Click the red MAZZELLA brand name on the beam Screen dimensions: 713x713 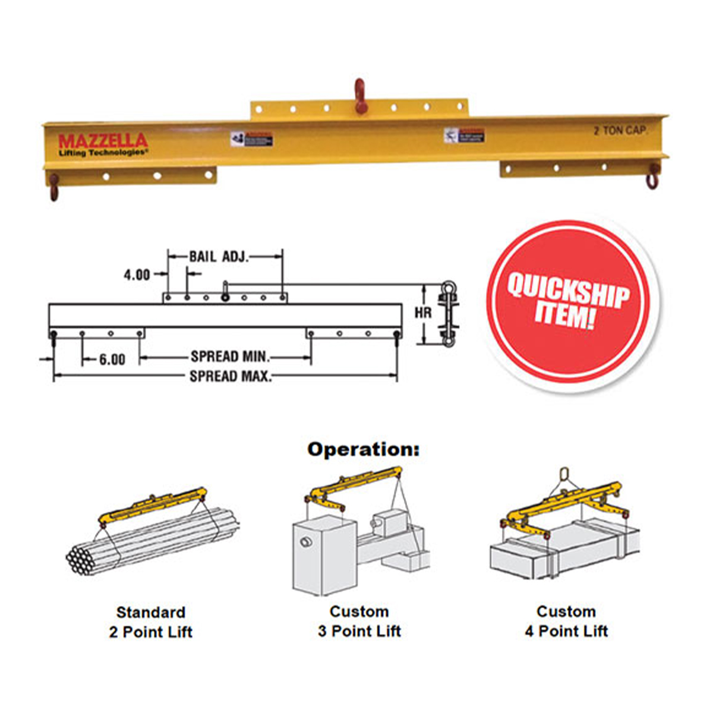click(x=103, y=141)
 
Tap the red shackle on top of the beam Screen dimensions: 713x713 click(x=359, y=95)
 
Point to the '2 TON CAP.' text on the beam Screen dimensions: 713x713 click(x=620, y=131)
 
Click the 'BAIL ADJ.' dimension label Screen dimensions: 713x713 click(x=219, y=257)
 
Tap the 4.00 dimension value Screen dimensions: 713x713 click(x=137, y=275)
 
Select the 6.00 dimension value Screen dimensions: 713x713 click(x=112, y=359)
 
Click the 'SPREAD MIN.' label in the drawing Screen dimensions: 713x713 click(x=231, y=356)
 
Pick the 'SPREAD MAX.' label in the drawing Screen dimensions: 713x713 click(x=231, y=376)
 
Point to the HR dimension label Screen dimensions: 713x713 click(x=423, y=312)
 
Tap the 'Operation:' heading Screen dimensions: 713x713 click(x=363, y=450)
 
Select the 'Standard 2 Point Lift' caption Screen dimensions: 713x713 click(x=151, y=621)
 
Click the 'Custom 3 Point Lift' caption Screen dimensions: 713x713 click(x=359, y=621)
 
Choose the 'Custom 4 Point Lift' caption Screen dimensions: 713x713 click(x=566, y=621)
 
